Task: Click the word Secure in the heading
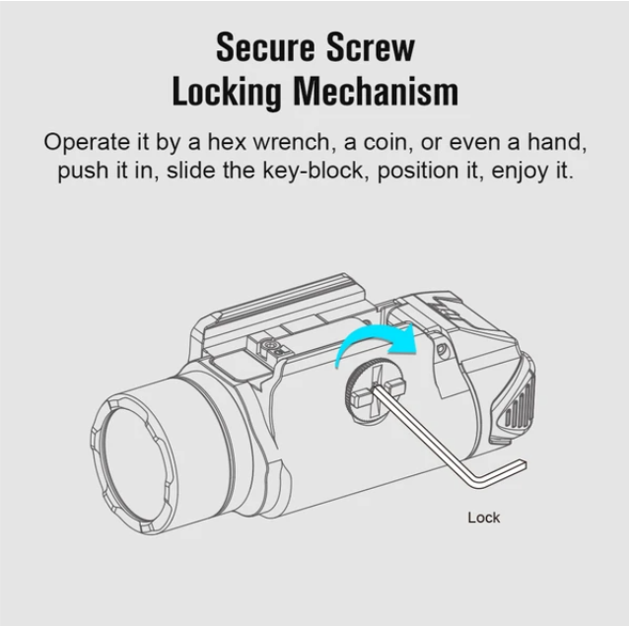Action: pyautogui.click(x=265, y=47)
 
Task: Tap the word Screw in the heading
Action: pyautogui.click(x=370, y=47)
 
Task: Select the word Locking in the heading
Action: pyautogui.click(x=226, y=93)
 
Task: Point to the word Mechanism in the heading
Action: pyautogui.click(x=376, y=92)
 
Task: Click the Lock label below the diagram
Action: pyautogui.click(x=484, y=518)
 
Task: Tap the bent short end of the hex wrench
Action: pyautogui.click(x=499, y=473)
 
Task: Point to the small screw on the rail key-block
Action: pyautogui.click(x=269, y=344)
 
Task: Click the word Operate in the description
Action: pyautogui.click(x=87, y=143)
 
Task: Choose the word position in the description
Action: pyautogui.click(x=418, y=172)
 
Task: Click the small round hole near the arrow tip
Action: pyautogui.click(x=442, y=350)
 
